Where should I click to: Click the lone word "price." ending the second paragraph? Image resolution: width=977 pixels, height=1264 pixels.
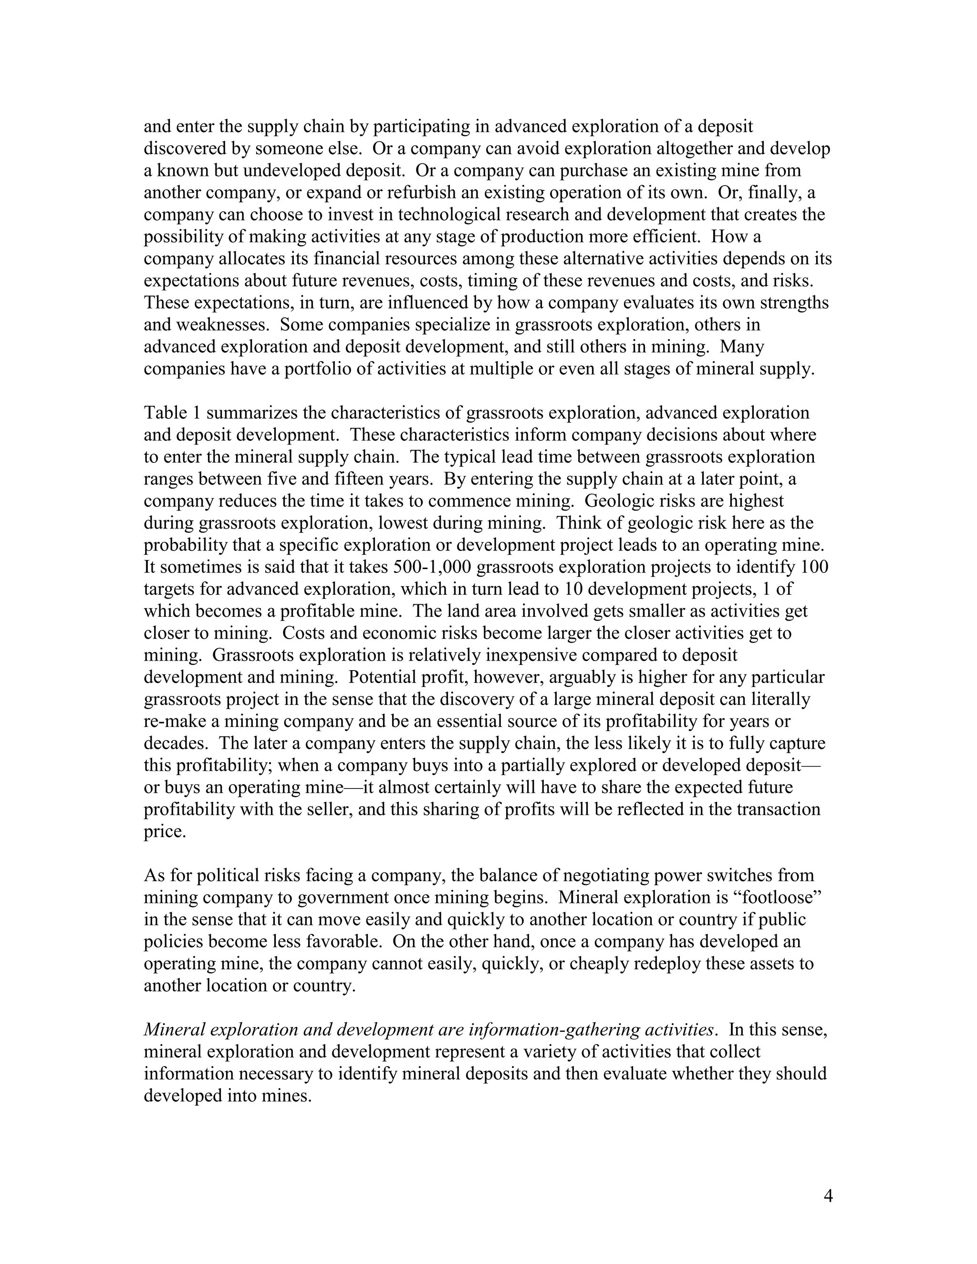pos(165,832)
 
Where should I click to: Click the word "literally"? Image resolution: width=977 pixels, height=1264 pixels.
pos(776,699)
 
